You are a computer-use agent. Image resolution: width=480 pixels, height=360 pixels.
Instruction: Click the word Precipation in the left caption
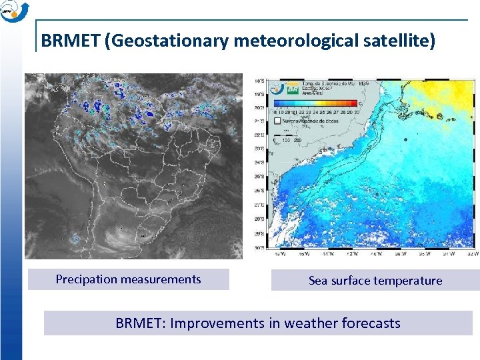(x=86, y=279)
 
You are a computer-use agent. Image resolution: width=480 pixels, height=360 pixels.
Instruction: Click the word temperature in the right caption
(x=408, y=281)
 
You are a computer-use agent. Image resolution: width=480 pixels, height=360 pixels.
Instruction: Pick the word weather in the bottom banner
(x=308, y=323)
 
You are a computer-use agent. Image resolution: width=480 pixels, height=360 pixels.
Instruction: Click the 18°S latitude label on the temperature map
(x=259, y=81)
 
